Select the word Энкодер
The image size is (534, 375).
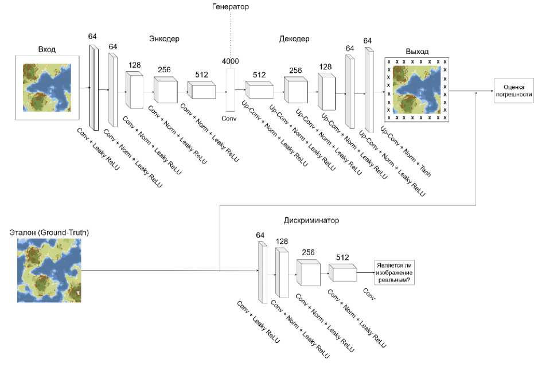(164, 39)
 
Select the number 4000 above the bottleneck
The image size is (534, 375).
(231, 61)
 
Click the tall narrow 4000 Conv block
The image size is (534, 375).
(231, 89)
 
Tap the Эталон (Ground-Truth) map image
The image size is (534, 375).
(48, 269)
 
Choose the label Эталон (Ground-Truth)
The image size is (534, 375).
(49, 232)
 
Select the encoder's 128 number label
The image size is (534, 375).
(135, 65)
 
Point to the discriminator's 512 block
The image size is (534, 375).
(343, 273)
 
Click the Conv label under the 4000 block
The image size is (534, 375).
(230, 118)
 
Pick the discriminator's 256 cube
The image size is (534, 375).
(308, 272)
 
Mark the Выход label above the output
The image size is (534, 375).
(417, 52)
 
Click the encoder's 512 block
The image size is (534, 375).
(201, 89)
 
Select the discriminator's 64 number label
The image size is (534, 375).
(260, 235)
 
